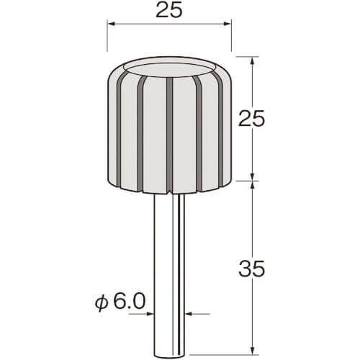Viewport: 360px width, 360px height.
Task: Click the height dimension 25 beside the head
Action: pos(251,118)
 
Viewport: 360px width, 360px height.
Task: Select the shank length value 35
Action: pos(251,268)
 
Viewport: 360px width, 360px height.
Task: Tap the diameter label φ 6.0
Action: pos(120,302)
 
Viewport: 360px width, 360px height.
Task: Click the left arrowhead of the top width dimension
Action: pos(111,24)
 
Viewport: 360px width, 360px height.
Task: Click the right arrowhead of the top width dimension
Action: pos(228,24)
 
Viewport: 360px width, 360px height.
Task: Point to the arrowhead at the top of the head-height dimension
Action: pos(252,60)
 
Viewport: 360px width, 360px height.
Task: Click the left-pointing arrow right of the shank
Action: pos(189,313)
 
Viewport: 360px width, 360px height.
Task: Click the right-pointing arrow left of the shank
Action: pos(150,313)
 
